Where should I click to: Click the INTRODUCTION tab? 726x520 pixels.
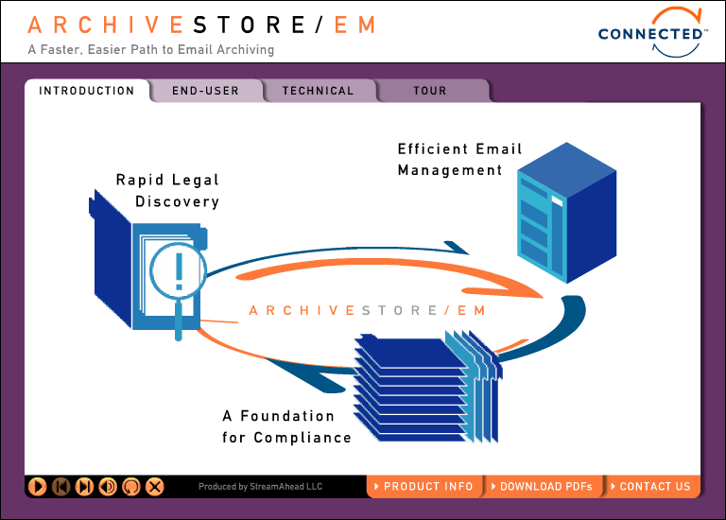coord(86,91)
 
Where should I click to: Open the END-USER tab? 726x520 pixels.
coord(205,91)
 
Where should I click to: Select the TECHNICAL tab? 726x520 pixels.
coord(318,91)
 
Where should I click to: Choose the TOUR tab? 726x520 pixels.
coord(429,91)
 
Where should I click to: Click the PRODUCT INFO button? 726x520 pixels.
coord(424,486)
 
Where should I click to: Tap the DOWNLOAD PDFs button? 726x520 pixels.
coord(543,486)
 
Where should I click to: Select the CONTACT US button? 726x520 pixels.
coord(652,486)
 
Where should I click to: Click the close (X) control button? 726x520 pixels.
coord(155,487)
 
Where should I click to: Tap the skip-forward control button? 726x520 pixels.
coord(84,487)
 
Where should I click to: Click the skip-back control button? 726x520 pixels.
coord(60,487)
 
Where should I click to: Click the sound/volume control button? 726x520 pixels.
coord(108,487)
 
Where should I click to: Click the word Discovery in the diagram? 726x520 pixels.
coord(177,201)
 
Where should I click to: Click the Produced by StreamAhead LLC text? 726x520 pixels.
coord(260,487)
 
